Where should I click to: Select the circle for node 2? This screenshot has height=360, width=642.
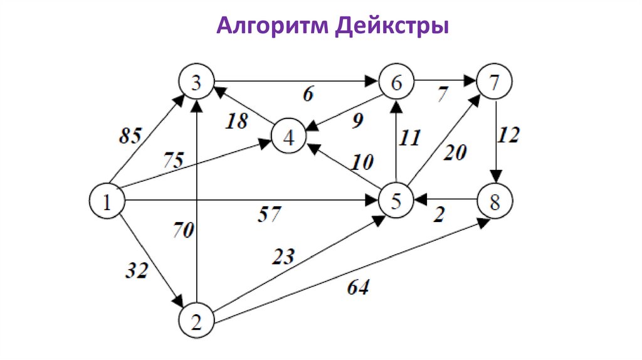(196, 322)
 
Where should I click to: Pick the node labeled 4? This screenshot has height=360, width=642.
(288, 137)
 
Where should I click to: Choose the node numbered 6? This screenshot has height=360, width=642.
(395, 82)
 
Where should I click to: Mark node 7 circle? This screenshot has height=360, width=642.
(494, 82)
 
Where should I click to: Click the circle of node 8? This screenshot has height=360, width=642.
(495, 201)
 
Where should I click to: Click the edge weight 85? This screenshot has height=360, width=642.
(130, 134)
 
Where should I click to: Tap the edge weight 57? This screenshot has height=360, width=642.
(270, 215)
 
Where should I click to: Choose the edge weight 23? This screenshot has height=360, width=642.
(283, 257)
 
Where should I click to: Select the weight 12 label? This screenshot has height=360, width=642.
(509, 135)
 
